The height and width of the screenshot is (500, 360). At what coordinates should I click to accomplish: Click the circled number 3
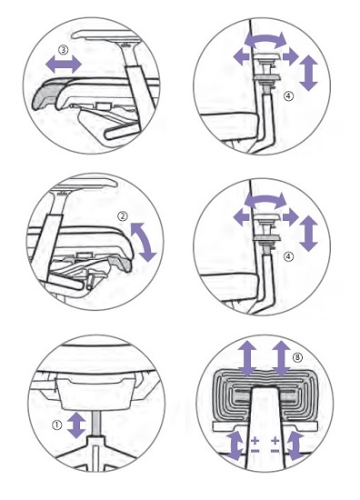(x=64, y=50)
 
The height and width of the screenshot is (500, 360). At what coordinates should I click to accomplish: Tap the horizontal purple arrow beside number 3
(x=64, y=65)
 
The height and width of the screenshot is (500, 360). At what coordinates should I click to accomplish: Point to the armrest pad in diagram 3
(x=107, y=35)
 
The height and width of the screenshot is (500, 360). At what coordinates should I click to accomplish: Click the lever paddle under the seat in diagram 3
(x=123, y=132)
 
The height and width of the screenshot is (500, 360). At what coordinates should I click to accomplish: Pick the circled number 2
(x=123, y=216)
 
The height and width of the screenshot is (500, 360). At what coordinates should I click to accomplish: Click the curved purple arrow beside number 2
(x=144, y=242)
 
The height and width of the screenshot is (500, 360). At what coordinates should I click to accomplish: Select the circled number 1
(x=56, y=425)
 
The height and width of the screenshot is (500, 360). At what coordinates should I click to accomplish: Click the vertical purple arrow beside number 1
(x=76, y=425)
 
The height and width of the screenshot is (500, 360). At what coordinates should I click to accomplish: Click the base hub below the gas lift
(x=96, y=444)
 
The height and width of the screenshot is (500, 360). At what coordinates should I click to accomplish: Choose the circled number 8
(x=297, y=357)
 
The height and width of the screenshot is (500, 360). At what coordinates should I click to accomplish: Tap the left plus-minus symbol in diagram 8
(x=255, y=445)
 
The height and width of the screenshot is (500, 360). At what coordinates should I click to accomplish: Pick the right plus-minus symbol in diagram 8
(x=275, y=445)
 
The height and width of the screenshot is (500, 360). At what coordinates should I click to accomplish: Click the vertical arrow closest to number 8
(x=281, y=358)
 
